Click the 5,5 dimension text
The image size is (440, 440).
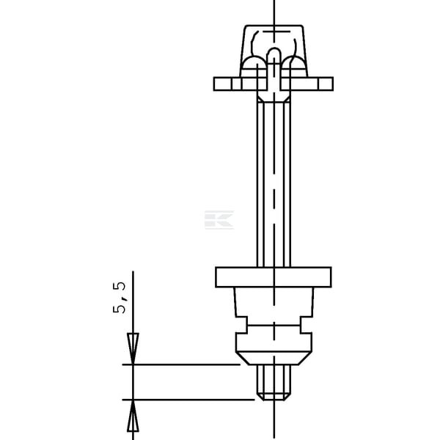coord(120,298)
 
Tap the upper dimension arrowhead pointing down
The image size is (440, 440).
coord(133,348)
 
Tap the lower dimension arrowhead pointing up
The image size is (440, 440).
coord(133,416)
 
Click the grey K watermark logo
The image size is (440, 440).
coord(219,220)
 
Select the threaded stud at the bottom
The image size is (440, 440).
coord(274,383)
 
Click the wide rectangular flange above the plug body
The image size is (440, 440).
coord(274,277)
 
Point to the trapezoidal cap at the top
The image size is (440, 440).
coord(274,51)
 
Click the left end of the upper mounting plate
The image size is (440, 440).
coord(214,84)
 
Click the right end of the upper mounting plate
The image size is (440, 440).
coord(333,84)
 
